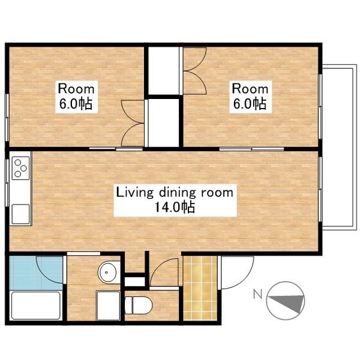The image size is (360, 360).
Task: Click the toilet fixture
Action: (x=139, y=305)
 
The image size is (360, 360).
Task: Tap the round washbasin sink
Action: (x=107, y=272)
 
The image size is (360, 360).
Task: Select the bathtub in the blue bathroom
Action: (x=36, y=305)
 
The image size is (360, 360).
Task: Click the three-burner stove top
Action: (x=20, y=168)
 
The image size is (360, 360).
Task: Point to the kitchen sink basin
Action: (x=20, y=214)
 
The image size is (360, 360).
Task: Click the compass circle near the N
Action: (x=286, y=301)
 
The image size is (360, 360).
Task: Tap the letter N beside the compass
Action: (x=258, y=293)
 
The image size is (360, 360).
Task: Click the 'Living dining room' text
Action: (x=175, y=193)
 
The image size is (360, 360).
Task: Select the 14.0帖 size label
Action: (x=175, y=208)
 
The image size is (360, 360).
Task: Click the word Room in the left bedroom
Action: (x=76, y=89)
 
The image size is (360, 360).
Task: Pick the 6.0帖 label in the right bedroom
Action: (x=250, y=104)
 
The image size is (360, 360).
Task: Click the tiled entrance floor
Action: (x=200, y=288)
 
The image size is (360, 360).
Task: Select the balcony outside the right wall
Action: (x=338, y=147)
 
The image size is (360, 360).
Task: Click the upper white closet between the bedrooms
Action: (x=163, y=71)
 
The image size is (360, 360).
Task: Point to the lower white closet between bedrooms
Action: (x=163, y=123)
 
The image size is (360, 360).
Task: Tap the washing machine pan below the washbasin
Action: (x=108, y=305)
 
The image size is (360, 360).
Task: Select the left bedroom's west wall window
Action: (x=7, y=117)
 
